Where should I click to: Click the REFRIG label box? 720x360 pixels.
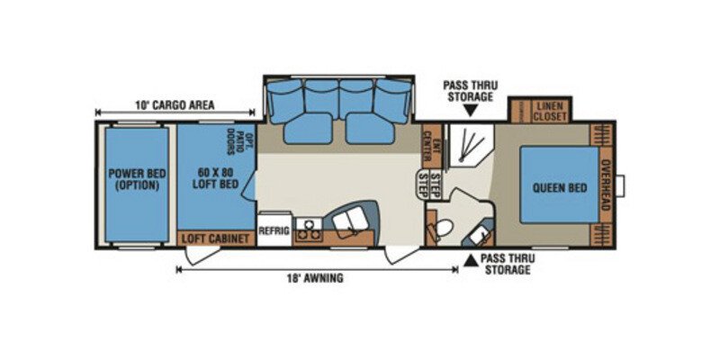274,229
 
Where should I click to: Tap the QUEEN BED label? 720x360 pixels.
559,188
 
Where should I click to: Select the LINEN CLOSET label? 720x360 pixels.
550,112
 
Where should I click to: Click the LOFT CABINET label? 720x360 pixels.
215,238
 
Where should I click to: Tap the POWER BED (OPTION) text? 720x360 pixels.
137,179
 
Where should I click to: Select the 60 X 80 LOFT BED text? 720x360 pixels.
215,178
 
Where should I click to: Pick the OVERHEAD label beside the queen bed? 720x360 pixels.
606,184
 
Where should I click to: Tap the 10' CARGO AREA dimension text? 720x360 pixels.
175,105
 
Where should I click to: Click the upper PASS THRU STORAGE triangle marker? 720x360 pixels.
470,111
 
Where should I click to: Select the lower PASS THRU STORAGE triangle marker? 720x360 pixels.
470,260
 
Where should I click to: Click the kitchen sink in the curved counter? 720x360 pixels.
350,222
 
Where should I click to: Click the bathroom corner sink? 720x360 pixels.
480,235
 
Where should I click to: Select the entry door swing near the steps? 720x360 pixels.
400,255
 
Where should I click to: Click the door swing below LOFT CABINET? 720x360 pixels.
202,255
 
